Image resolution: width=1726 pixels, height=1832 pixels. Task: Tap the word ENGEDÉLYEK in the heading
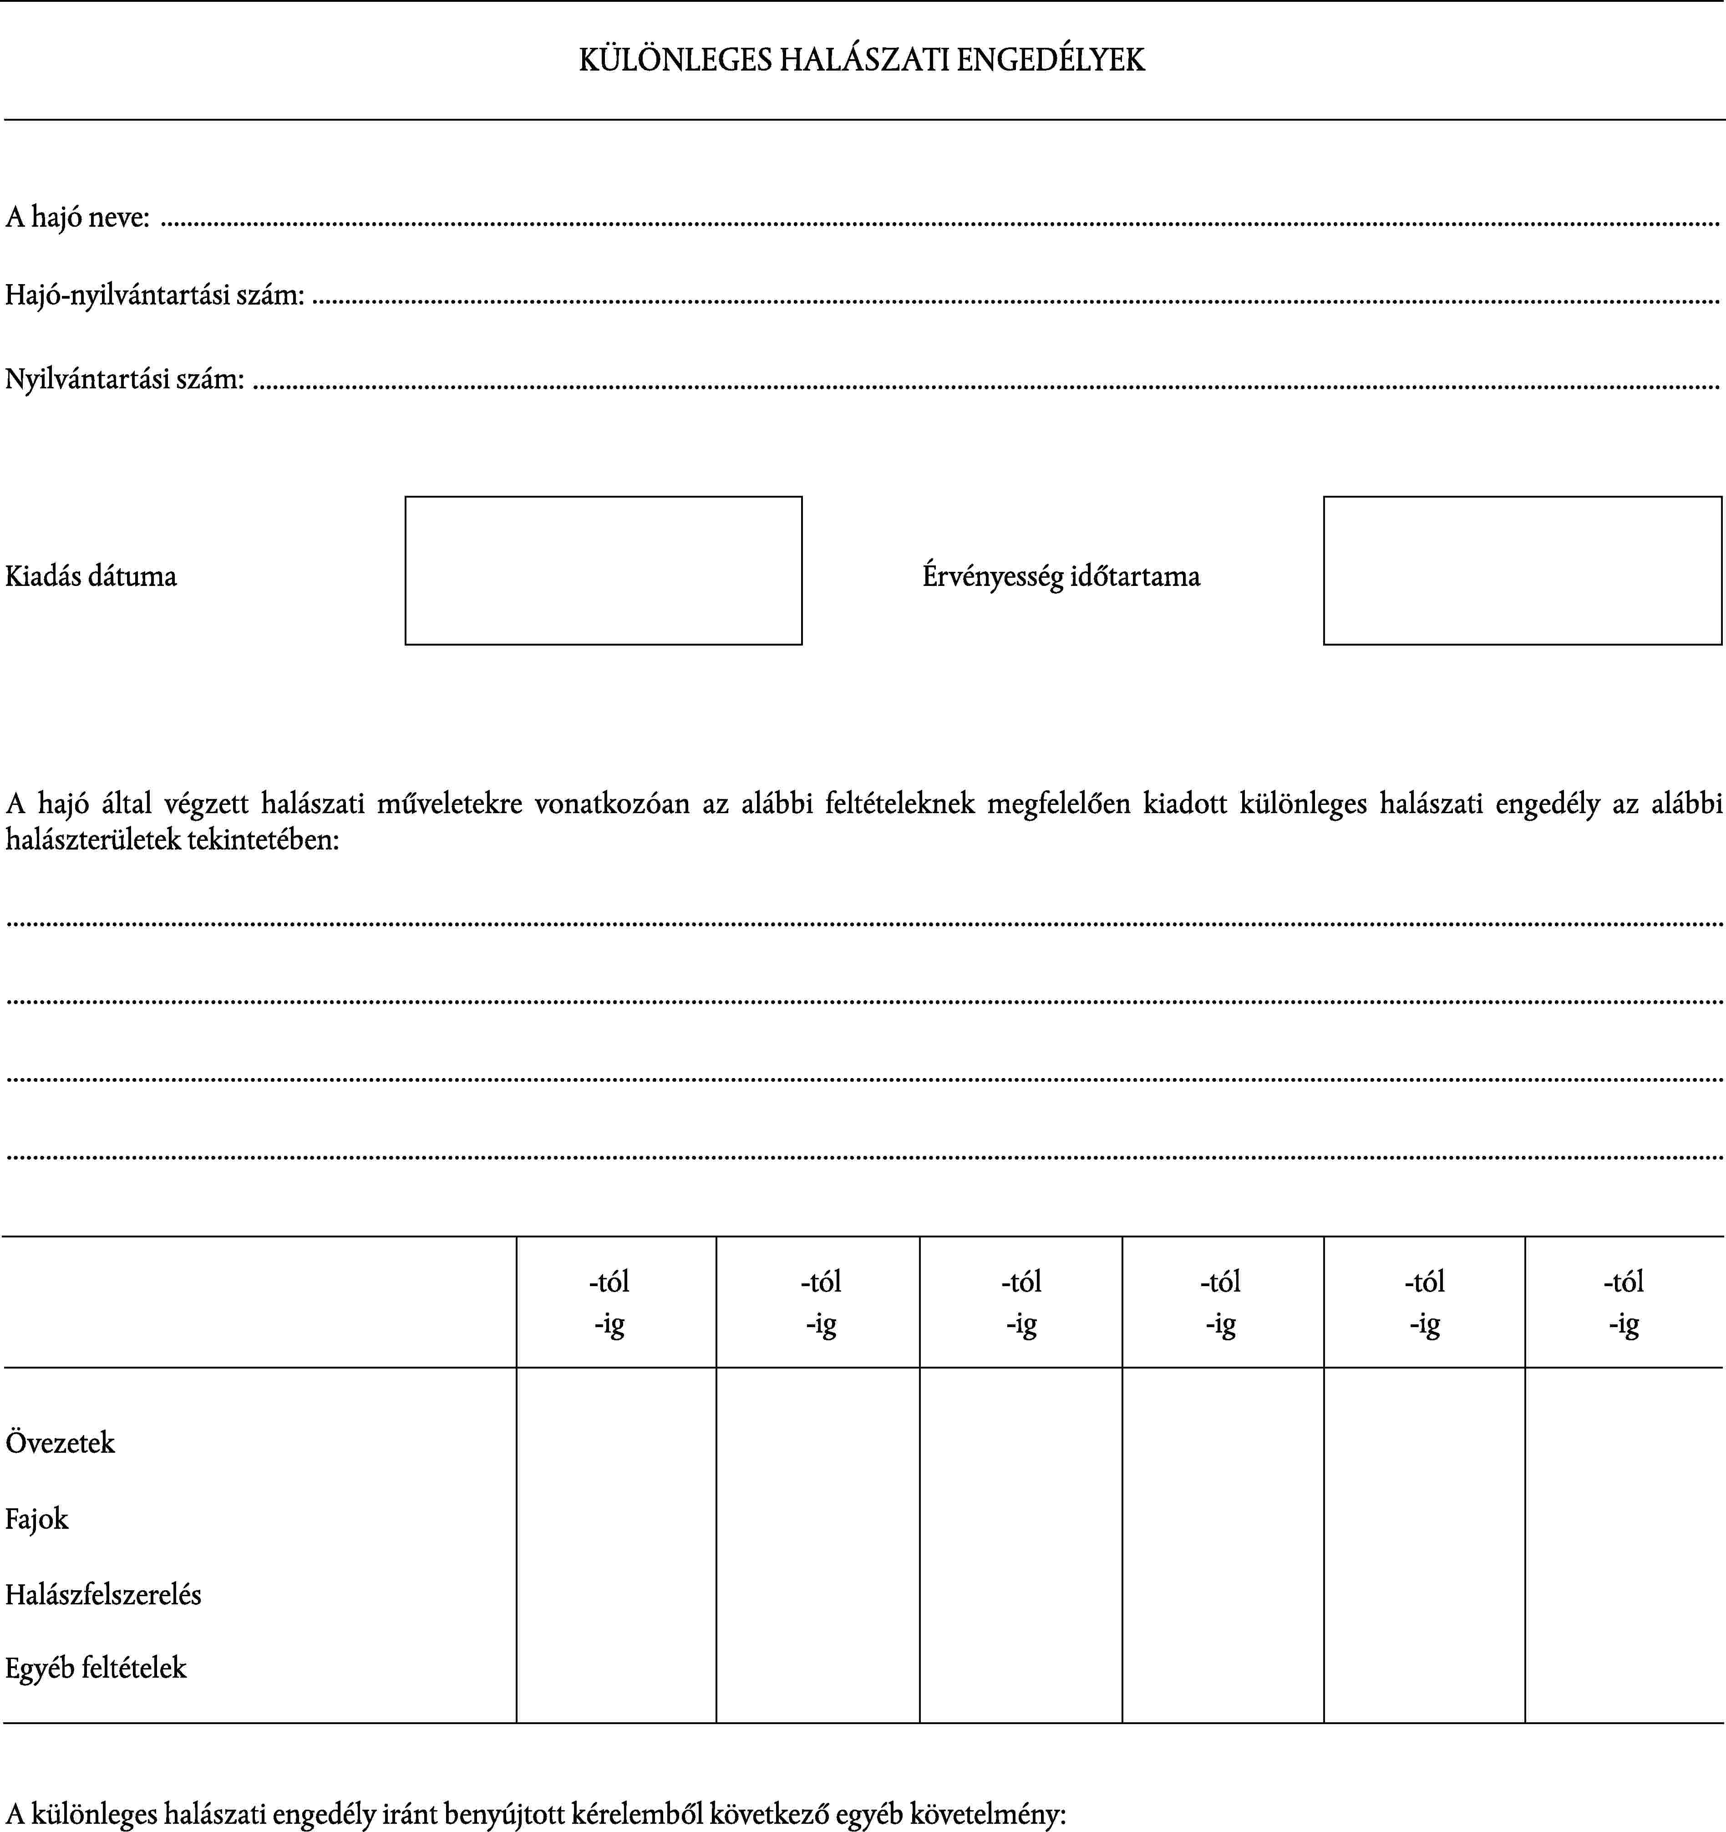click(1051, 60)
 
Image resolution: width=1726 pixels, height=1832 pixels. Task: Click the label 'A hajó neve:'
click(77, 218)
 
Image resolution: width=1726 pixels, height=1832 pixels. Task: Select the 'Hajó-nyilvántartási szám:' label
click(155, 296)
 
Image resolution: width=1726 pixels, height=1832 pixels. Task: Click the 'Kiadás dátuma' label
click(90, 577)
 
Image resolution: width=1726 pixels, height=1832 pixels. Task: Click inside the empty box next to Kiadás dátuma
click(604, 570)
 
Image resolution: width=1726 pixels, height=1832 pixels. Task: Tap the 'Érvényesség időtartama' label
click(1061, 577)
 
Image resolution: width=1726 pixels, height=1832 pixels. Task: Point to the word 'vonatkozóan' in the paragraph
click(612, 804)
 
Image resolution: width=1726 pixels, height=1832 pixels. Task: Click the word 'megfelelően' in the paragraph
click(1059, 804)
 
